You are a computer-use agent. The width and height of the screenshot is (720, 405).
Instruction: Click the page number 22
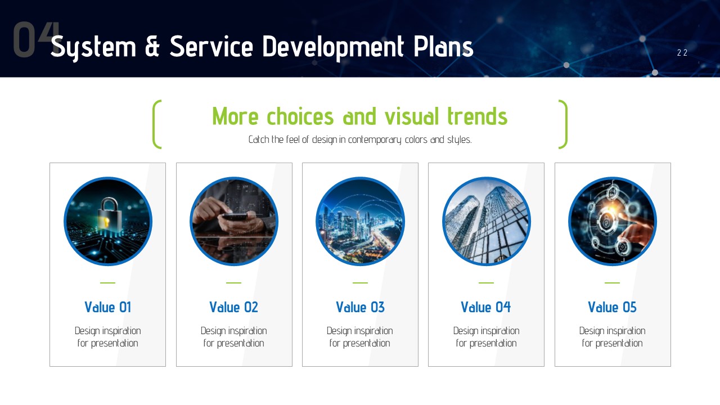point(682,53)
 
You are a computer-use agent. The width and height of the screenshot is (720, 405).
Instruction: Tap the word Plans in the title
point(443,47)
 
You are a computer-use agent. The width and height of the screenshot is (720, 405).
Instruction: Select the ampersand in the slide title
point(152,47)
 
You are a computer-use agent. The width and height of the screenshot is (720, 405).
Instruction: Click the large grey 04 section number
point(35,39)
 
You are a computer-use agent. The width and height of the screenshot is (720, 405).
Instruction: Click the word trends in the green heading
point(478,116)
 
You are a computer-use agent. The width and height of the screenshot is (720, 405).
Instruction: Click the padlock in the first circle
point(109,214)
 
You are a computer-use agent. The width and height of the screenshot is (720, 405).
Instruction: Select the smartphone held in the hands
point(235,217)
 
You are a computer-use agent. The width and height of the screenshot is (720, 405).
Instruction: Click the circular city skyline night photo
point(361,222)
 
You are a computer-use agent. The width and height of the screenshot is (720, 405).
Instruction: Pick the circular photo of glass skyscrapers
point(487,222)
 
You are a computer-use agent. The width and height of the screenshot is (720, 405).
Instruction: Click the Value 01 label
point(107,307)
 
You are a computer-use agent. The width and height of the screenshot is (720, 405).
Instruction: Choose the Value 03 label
point(361,307)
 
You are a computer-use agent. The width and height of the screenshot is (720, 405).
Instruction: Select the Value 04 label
point(486,307)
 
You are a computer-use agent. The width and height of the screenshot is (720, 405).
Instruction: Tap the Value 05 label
point(613,307)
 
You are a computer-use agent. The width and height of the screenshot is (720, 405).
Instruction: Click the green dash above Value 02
point(233,283)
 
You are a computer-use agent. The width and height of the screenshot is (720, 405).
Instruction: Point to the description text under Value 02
point(233,337)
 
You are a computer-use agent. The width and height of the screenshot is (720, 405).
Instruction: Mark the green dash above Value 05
point(613,283)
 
